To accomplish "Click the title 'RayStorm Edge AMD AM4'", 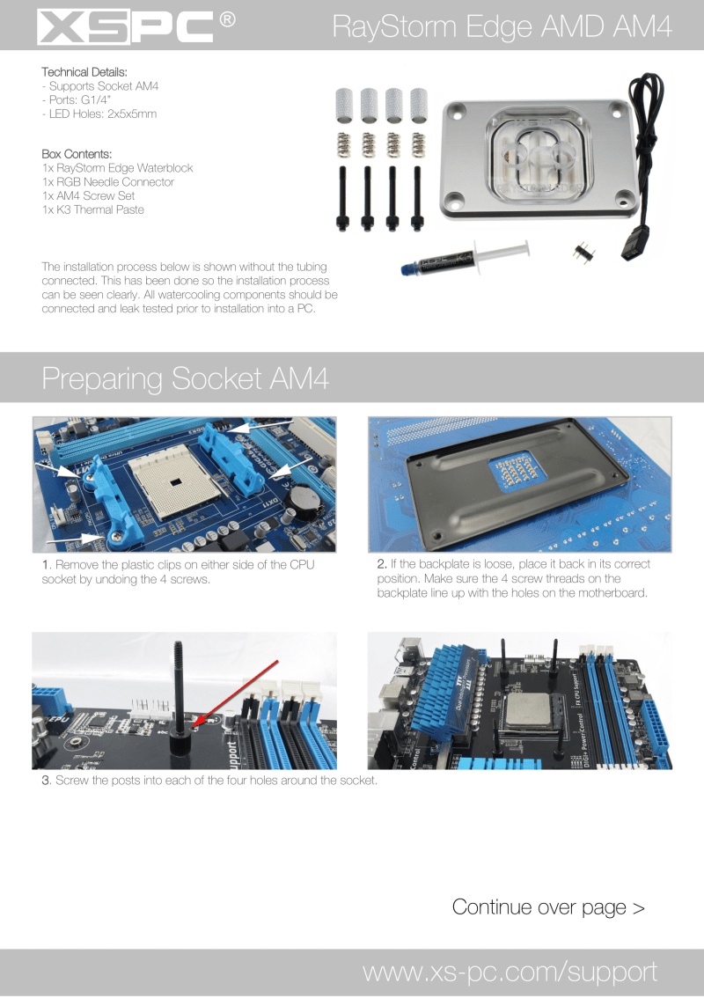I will pos(502,27).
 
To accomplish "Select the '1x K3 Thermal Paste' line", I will pos(93,209).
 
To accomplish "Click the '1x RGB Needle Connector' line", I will pos(107,181).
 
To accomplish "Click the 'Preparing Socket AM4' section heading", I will pos(185,378).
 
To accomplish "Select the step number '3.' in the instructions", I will pos(47,782).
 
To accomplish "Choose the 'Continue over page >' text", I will pos(548,906).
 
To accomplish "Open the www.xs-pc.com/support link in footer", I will pos(510,972).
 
